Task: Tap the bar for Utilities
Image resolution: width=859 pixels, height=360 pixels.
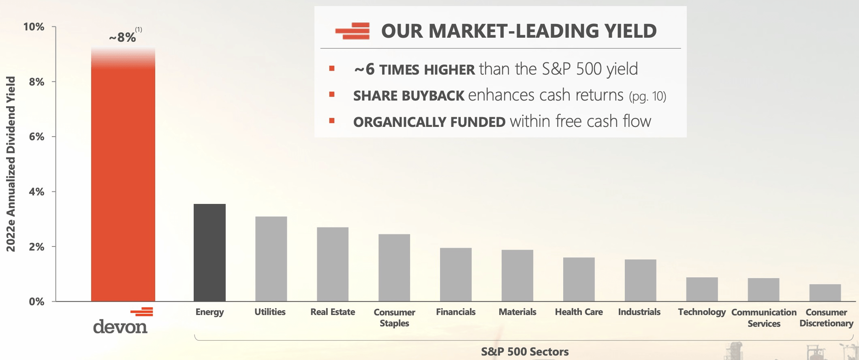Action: tap(271, 259)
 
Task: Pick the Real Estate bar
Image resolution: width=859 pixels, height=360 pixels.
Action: tap(333, 264)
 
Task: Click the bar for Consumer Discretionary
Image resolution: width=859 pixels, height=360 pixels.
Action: tap(825, 293)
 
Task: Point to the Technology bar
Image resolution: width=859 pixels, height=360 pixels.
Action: tap(702, 289)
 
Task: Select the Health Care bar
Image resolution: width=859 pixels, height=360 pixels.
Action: tap(579, 279)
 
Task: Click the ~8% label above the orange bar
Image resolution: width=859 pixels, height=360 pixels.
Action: tap(123, 37)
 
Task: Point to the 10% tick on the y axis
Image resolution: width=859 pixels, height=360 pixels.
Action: tap(34, 27)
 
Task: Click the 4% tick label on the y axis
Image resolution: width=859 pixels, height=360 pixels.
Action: tap(36, 192)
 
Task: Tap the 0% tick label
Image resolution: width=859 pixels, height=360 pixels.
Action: tap(36, 302)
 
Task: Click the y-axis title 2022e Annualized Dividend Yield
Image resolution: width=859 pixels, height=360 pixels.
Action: tap(11, 164)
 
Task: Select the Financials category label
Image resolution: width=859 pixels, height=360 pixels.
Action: tap(455, 312)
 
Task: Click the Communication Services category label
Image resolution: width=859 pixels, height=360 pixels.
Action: tap(764, 318)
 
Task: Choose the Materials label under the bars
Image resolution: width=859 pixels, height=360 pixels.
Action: tap(517, 312)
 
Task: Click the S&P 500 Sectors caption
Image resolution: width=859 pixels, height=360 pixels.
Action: tap(525, 351)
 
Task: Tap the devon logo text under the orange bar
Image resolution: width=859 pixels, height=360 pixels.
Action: tap(120, 327)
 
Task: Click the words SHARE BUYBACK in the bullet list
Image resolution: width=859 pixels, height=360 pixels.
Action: tap(408, 96)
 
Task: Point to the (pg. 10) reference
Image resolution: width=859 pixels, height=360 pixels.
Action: tap(647, 96)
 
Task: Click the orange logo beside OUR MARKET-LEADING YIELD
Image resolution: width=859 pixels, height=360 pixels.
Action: tap(353, 31)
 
